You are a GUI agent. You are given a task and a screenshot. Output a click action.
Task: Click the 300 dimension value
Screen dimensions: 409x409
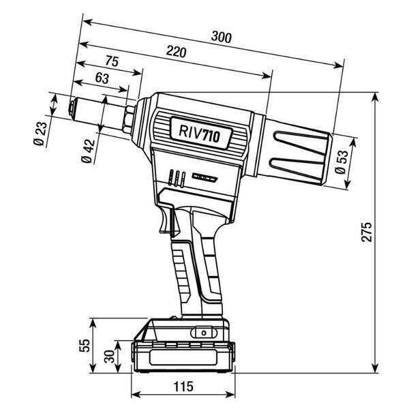221,37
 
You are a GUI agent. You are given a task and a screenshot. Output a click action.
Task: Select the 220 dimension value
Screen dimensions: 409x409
177,52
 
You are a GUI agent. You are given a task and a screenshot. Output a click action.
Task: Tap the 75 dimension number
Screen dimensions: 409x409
112,61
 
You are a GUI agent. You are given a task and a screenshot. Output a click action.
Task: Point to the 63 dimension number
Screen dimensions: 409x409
102,78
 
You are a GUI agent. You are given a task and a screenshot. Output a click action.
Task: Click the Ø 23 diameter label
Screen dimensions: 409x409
40,134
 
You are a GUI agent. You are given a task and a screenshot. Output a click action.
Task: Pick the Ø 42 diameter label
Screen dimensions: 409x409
88,151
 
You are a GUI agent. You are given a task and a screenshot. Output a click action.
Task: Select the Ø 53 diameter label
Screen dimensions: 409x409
342,162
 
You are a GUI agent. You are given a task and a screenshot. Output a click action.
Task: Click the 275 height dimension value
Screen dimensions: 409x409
367,232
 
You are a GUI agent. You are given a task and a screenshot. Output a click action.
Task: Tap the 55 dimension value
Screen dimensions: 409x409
85,346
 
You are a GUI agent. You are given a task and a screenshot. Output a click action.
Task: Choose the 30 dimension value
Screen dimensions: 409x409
109,357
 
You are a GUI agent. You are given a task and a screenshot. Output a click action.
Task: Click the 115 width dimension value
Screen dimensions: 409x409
183,387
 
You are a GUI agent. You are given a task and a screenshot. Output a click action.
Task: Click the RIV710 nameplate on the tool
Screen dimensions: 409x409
200,132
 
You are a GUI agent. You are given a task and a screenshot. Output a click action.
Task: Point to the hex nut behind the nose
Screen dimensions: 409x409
130,119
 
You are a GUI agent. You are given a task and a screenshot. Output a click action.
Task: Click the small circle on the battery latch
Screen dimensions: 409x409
204,333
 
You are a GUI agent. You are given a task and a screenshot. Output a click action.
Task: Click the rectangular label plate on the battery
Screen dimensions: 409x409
183,357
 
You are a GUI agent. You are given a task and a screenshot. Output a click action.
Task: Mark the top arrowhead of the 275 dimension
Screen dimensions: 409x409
375,97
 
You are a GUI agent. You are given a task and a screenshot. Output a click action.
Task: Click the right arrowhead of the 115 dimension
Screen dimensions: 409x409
230,394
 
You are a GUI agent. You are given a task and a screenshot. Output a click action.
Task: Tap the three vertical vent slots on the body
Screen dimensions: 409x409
177,179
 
